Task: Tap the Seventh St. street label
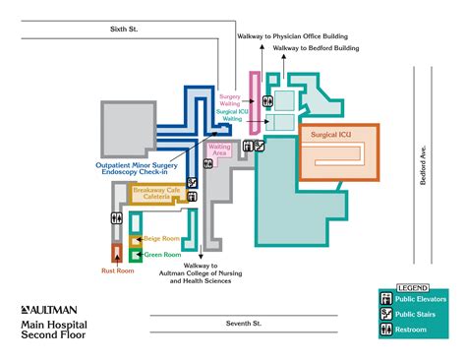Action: [x=242, y=323]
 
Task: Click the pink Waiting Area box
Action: [x=220, y=150]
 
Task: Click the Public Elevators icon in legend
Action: [x=385, y=298]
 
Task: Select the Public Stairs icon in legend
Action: [x=385, y=314]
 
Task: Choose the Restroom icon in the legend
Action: [x=385, y=330]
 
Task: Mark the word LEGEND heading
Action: [x=413, y=287]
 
